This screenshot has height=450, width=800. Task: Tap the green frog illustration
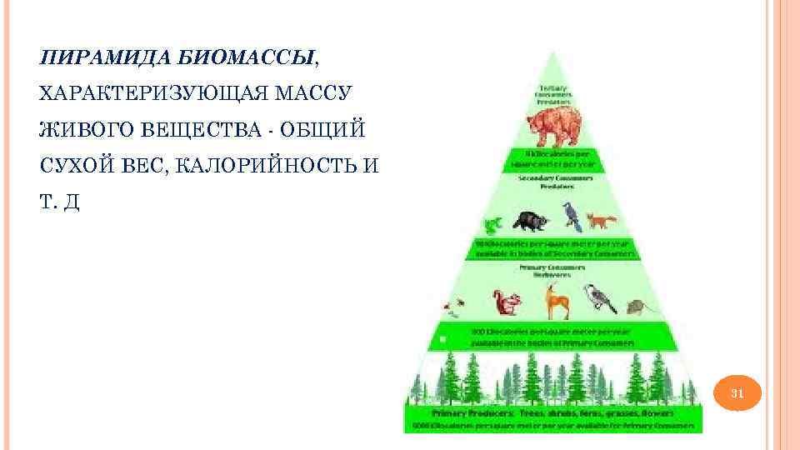492,224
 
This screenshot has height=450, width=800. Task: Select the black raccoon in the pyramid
529,221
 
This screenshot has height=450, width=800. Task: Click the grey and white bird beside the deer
598,297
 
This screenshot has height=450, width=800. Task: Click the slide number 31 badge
737,392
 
